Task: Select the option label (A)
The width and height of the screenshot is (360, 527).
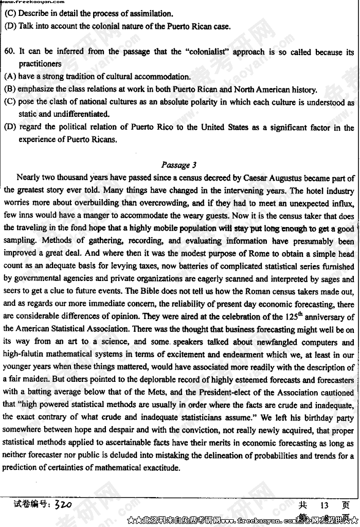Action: tap(10, 77)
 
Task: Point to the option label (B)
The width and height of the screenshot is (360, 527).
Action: tap(10, 89)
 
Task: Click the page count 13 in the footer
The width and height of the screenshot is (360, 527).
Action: tap(324, 506)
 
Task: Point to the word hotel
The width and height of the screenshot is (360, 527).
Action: tap(310, 191)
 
